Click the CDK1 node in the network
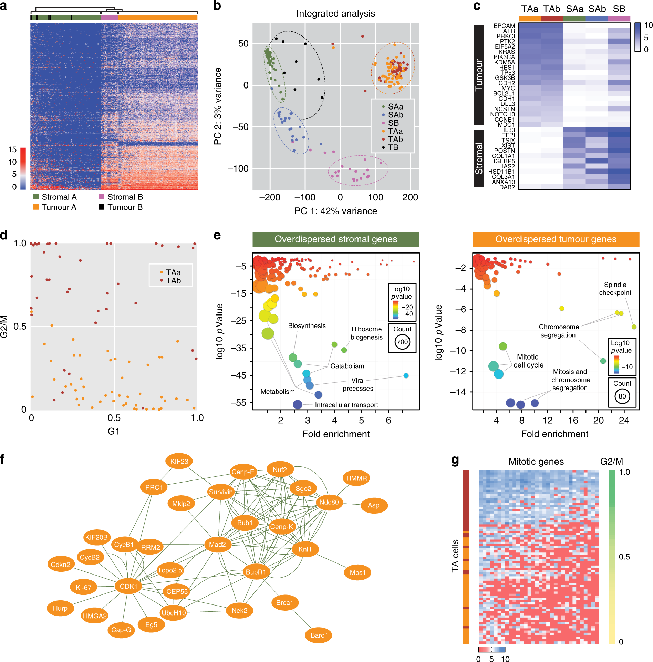[x=128, y=586]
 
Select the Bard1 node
[x=319, y=635]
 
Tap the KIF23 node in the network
[x=179, y=461]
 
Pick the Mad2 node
[x=217, y=544]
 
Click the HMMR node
[x=356, y=478]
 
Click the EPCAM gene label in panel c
[x=504, y=26]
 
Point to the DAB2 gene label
[x=507, y=187]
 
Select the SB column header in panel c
[x=619, y=9]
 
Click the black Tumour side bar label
[x=479, y=75]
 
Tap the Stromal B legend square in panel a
[x=101, y=197]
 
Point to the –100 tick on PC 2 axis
[x=238, y=168]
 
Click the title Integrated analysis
[x=335, y=13]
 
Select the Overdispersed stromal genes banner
[x=336, y=239]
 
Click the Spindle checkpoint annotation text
[x=615, y=289]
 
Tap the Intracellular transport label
[x=346, y=405]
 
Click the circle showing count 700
[x=402, y=342]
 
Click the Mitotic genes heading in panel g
[x=536, y=462]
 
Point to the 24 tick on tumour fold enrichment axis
[x=624, y=420]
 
